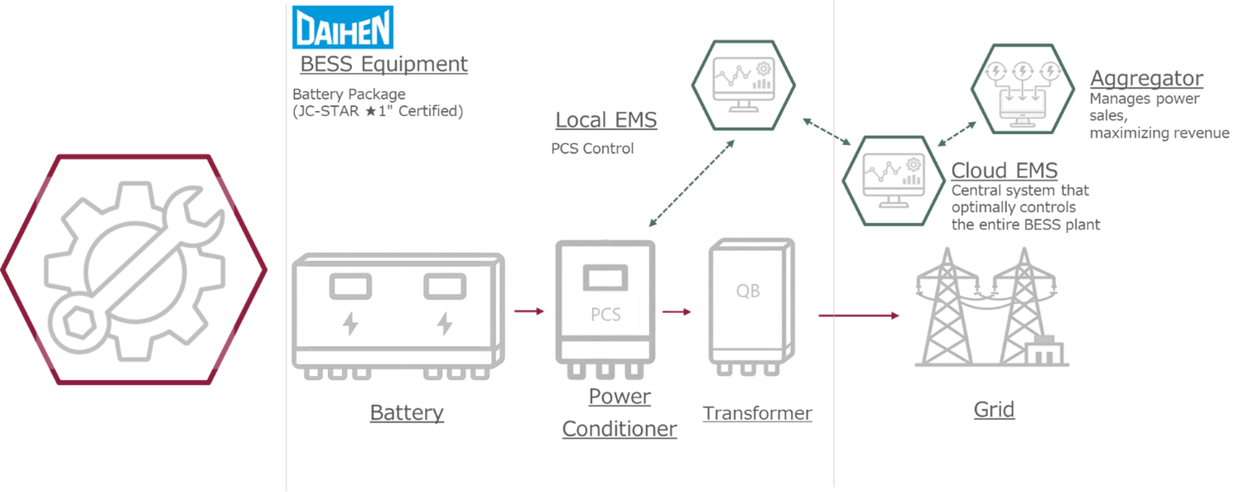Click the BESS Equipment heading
click(384, 64)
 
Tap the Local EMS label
click(605, 120)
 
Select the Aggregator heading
click(1146, 79)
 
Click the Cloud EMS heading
click(1004, 171)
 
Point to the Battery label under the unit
click(407, 412)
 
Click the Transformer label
click(757, 413)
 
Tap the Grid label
click(993, 409)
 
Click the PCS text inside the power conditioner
click(605, 315)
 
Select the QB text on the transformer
click(747, 292)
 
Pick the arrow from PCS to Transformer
click(677, 312)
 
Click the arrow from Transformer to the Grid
click(859, 316)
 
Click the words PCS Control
click(592, 149)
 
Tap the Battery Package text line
click(349, 94)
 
